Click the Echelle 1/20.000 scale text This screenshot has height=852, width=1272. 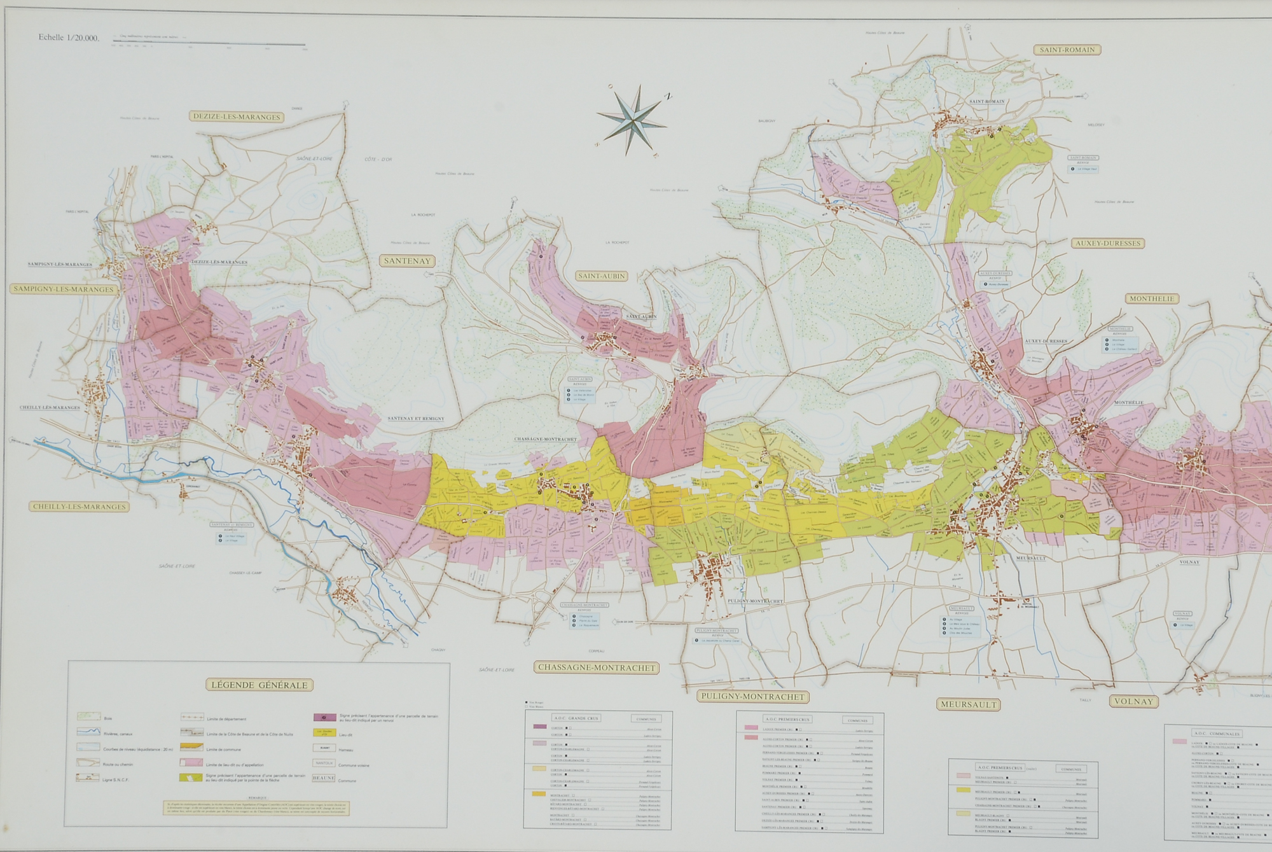(69, 38)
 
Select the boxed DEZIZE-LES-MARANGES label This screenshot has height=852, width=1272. (236, 117)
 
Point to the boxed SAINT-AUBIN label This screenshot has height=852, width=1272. (601, 276)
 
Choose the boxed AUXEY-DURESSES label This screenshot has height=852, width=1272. (1107, 243)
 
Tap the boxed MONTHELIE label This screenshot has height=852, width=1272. (1152, 298)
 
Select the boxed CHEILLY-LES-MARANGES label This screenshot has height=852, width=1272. (78, 507)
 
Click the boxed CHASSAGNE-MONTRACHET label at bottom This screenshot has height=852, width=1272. (595, 667)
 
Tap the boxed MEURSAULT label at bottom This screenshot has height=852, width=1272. (967, 704)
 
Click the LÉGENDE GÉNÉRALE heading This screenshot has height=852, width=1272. (259, 685)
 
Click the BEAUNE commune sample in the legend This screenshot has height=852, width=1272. (323, 778)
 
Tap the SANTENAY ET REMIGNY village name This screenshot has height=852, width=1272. (415, 419)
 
